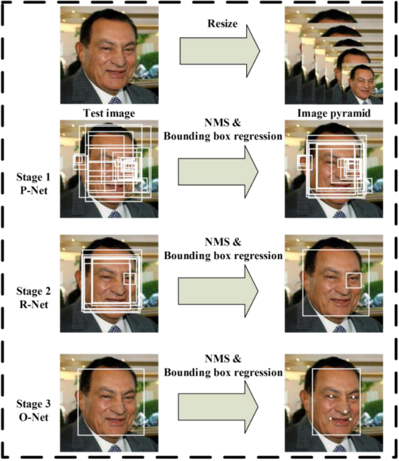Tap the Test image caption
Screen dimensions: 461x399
point(109,111)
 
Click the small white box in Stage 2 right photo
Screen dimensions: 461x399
point(353,280)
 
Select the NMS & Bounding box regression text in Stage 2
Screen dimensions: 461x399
point(222,249)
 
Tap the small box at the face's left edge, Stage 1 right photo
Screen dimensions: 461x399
point(305,162)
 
